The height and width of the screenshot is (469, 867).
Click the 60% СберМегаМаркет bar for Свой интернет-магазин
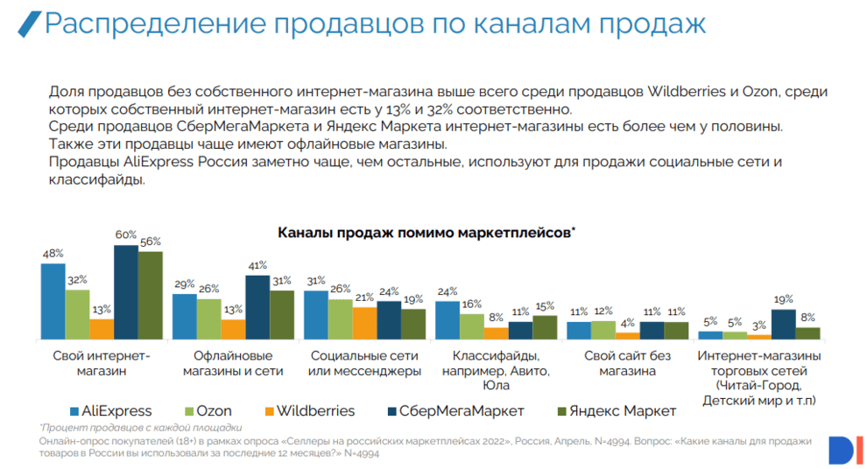126,292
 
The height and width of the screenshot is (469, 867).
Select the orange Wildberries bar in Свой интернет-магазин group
102,329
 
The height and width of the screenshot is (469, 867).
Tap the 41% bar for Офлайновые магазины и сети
257,307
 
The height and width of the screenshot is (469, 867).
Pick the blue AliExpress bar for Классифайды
448,319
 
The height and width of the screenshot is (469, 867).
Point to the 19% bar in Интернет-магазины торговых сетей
783,324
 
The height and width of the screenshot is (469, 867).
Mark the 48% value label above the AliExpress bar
53,254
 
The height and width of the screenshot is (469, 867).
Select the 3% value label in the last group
758,325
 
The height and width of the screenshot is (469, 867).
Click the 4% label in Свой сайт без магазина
627,323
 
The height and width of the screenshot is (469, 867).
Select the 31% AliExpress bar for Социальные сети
316,314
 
